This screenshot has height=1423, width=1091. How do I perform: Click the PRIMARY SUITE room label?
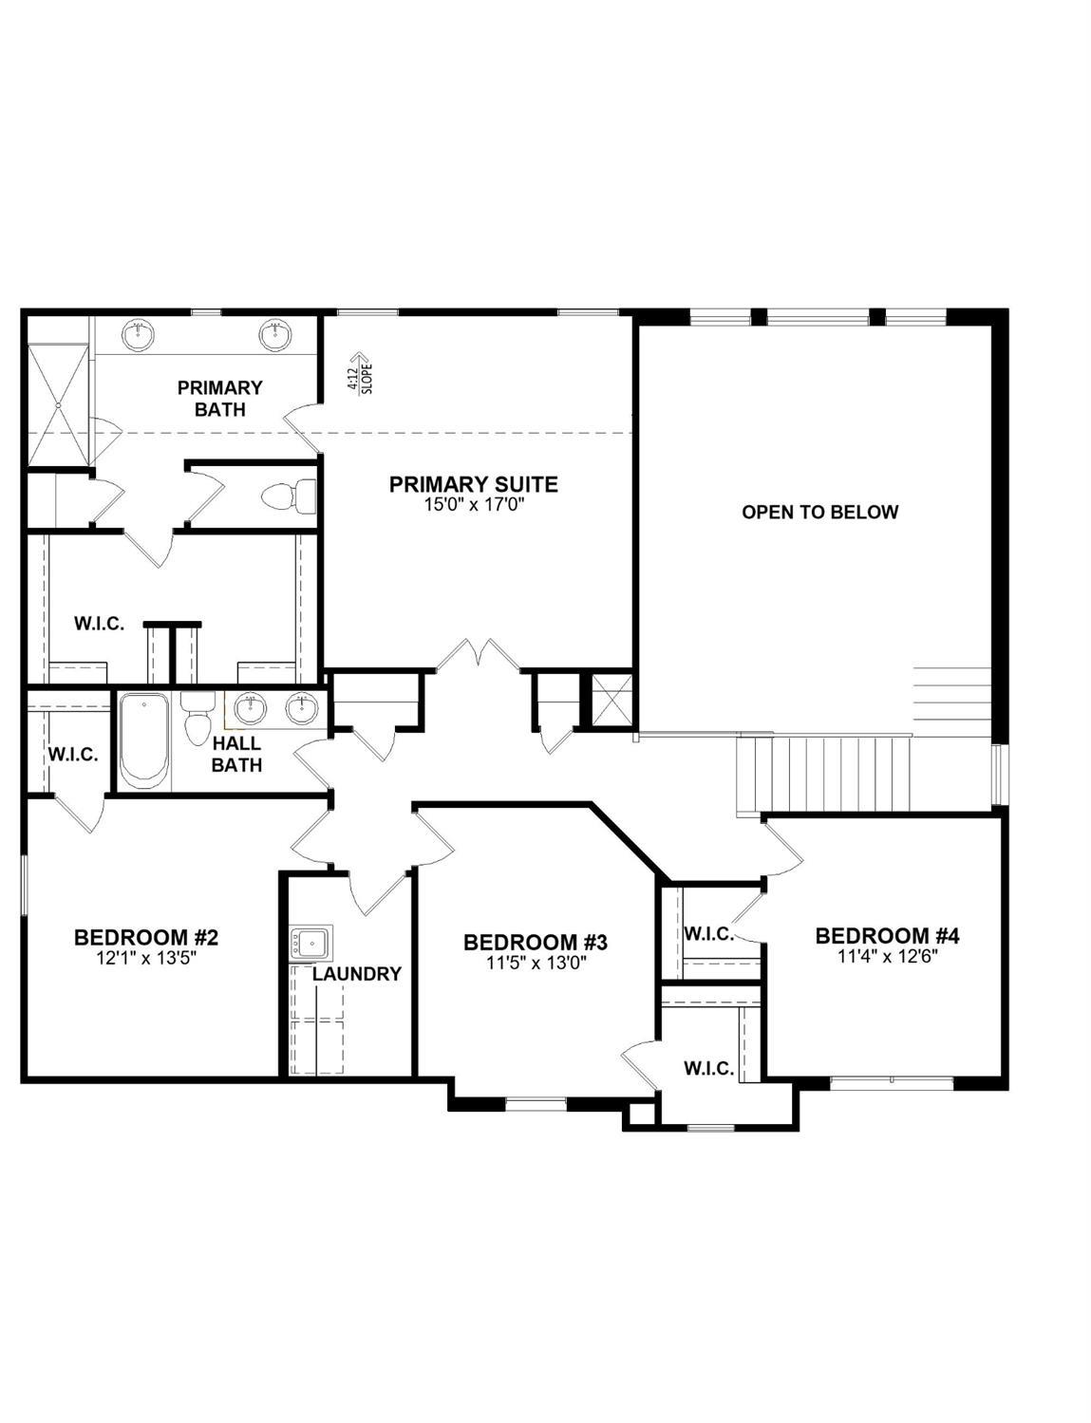(x=474, y=485)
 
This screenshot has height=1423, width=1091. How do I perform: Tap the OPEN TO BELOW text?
(x=819, y=512)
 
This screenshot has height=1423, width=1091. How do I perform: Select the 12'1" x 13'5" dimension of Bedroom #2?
(x=146, y=958)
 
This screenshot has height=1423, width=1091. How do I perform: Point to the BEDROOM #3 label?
(x=535, y=943)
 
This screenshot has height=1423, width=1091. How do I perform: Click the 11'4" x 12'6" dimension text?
(x=888, y=956)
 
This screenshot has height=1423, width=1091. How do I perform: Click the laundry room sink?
(x=311, y=943)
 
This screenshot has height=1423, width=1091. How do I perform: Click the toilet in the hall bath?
(x=198, y=720)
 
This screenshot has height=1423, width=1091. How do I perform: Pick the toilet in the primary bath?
(x=289, y=496)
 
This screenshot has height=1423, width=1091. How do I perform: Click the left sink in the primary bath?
(x=139, y=335)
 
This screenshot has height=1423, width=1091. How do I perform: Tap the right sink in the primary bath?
(x=274, y=335)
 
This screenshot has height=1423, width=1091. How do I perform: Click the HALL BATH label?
(x=236, y=754)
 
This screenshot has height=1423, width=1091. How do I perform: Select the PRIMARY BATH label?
(x=220, y=398)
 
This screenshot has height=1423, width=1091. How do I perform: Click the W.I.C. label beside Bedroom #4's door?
(x=708, y=934)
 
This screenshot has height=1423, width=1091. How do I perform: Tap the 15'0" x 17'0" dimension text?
(x=474, y=504)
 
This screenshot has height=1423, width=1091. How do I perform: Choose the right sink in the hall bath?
(x=302, y=709)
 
